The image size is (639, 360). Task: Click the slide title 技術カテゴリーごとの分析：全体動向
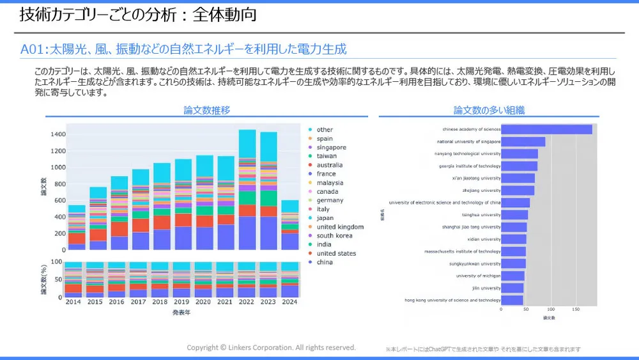tap(138, 15)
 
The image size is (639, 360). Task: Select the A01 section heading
tap(183, 49)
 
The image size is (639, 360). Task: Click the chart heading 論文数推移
tap(206, 110)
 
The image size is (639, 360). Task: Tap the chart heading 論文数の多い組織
tap(489, 110)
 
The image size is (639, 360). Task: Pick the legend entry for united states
tap(336, 253)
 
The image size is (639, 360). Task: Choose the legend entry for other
tap(325, 130)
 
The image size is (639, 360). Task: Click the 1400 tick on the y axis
tap(57, 134)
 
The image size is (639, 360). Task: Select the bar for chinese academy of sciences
tap(546, 130)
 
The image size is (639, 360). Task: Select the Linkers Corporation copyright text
tap(271, 347)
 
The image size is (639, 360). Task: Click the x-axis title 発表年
tap(181, 313)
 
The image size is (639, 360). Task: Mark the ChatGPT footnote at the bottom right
tap(483, 349)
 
